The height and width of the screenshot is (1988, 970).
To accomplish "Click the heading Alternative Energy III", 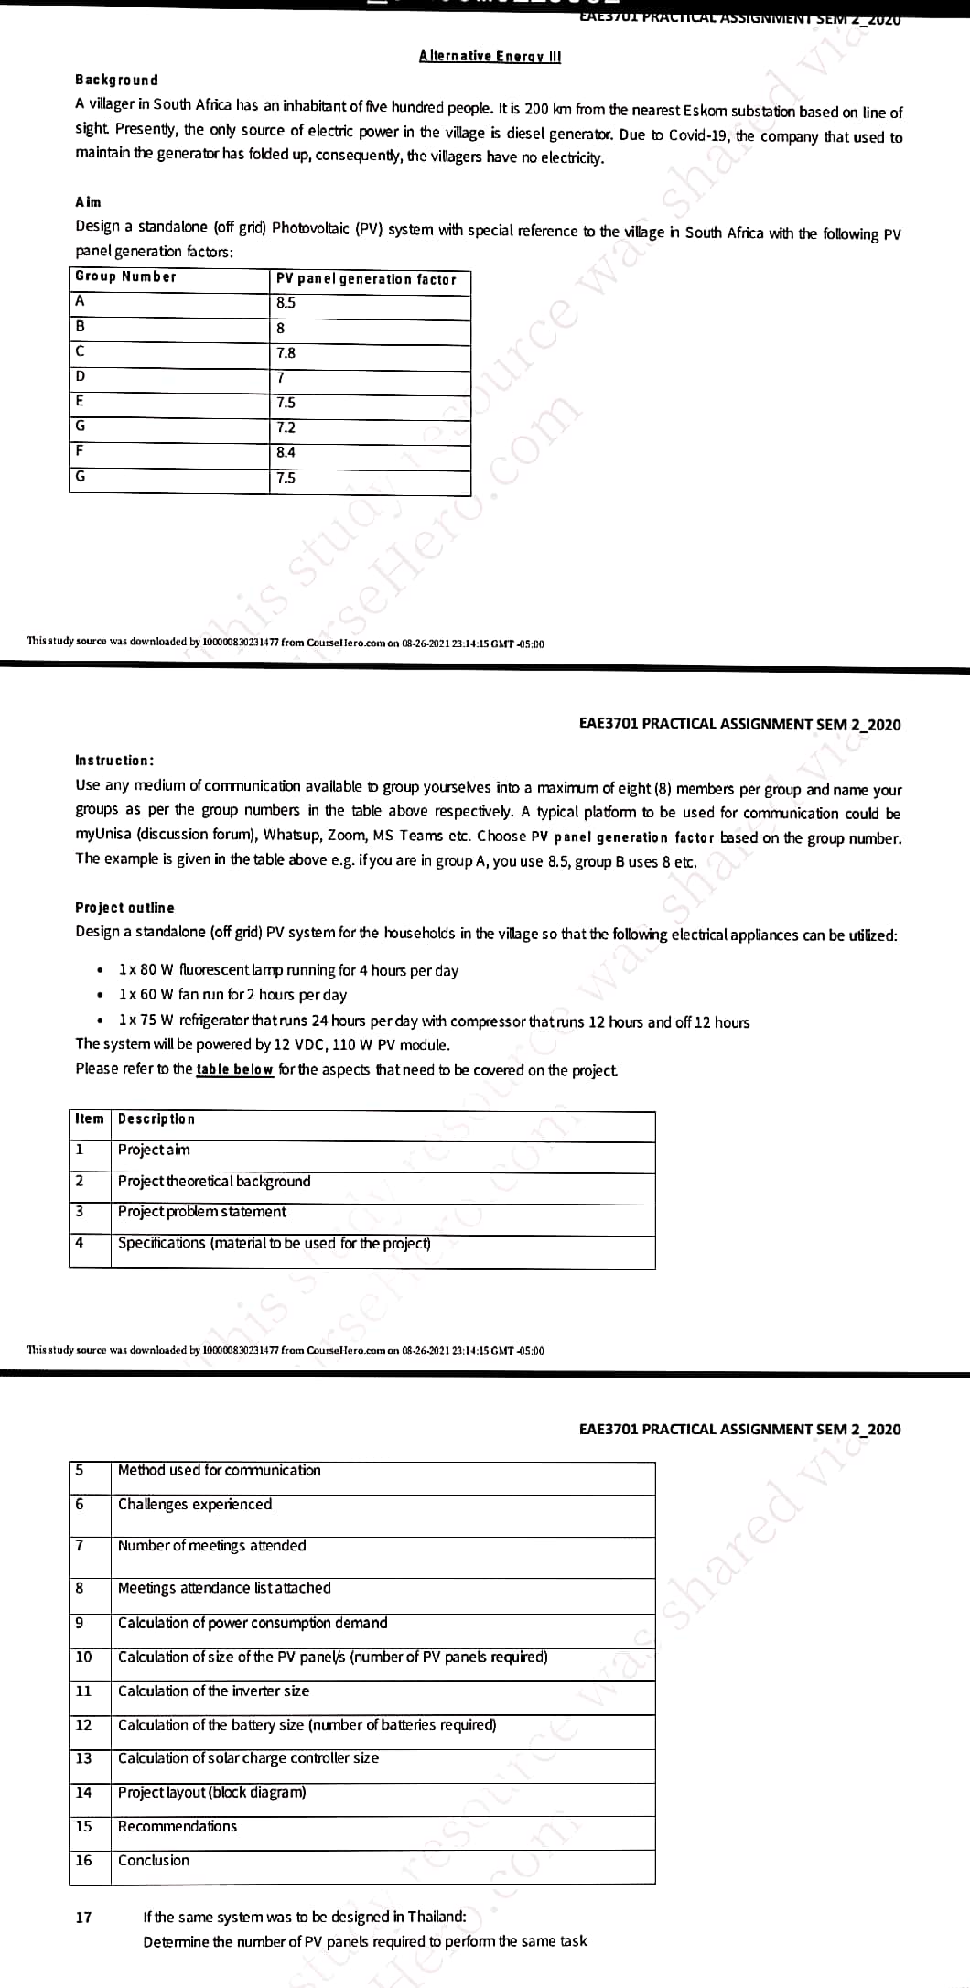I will tap(490, 56).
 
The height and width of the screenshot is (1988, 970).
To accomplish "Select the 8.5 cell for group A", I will tap(286, 303).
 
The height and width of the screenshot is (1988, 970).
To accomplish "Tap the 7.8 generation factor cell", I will tap(286, 353).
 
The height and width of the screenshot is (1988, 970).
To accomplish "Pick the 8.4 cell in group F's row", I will tap(286, 452).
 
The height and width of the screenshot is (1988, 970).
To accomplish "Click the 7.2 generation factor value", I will tap(286, 427).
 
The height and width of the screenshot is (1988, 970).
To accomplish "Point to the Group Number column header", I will tap(125, 276).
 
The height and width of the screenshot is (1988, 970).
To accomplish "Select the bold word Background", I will tap(116, 81).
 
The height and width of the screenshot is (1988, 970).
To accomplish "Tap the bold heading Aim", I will tap(88, 202).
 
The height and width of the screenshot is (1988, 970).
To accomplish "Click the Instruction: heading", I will tap(114, 761).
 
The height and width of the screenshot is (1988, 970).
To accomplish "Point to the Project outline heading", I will tap(124, 908).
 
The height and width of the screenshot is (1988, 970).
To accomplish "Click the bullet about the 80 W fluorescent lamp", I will tap(288, 970).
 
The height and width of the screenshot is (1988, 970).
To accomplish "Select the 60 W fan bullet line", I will tap(232, 995).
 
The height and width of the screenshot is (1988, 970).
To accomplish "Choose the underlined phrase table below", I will tap(234, 1069).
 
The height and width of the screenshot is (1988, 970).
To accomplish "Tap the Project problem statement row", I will tap(202, 1212).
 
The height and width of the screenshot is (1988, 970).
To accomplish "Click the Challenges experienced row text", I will tap(195, 1504).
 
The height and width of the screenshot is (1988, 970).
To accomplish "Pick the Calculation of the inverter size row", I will tap(213, 1691).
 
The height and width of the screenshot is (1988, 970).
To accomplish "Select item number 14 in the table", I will tap(83, 1792).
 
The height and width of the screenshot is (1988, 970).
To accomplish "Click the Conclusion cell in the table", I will tap(154, 1860).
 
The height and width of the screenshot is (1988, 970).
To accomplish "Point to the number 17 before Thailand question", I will tap(83, 1917).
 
